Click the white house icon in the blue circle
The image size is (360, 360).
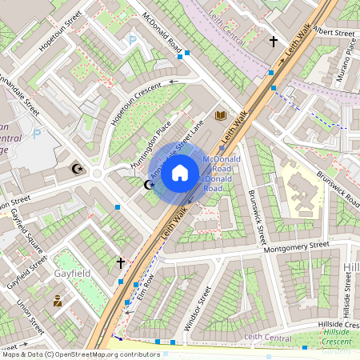click(x=180, y=172)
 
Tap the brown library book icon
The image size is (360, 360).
click(x=222, y=117)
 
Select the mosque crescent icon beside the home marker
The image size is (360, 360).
click(x=148, y=185)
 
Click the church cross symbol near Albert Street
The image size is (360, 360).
click(x=273, y=40)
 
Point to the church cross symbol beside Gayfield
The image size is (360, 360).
click(x=121, y=262)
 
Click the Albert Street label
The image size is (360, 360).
click(x=334, y=34)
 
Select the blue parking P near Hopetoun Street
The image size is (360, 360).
click(x=132, y=39)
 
